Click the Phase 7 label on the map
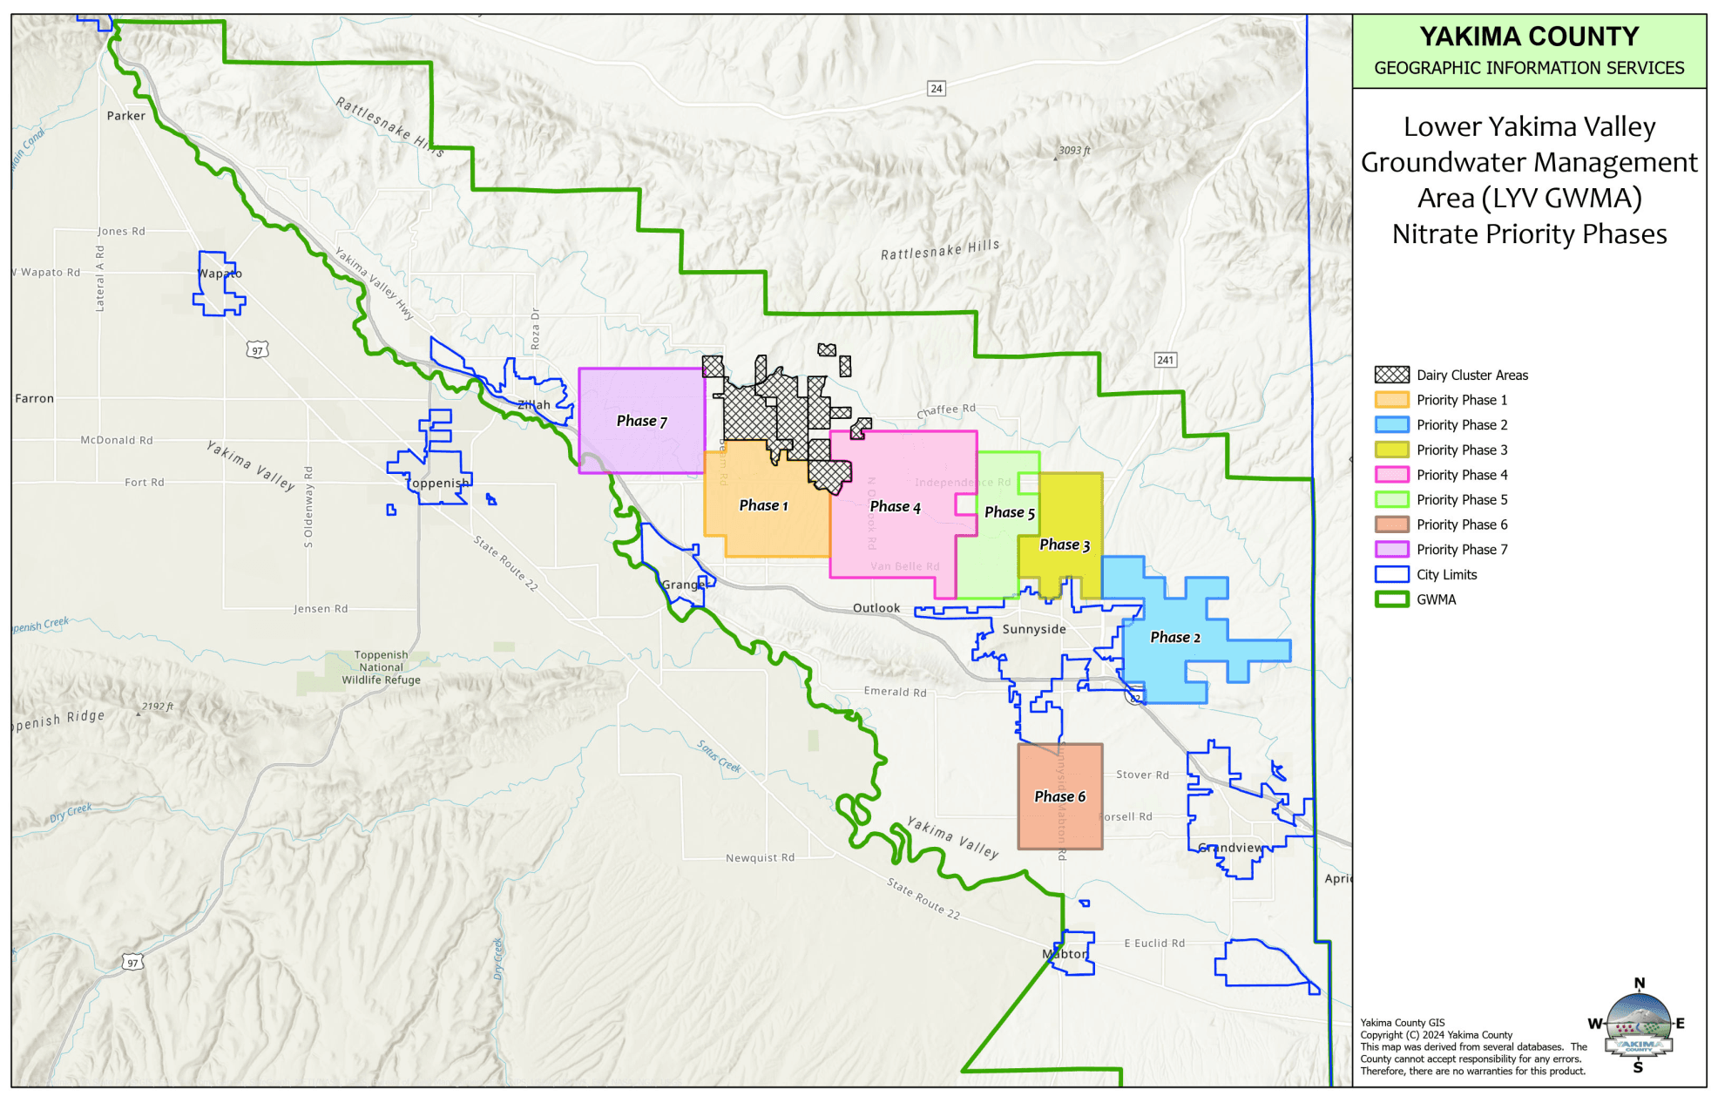click(641, 422)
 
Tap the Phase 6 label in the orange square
click(1059, 797)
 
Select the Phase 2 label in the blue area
click(1174, 638)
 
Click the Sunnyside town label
click(1034, 629)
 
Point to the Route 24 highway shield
click(936, 88)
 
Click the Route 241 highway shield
click(1165, 360)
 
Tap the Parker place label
click(125, 116)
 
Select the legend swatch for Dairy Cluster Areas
click(1391, 375)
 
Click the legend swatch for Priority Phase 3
click(1391, 450)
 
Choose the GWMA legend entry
click(1436, 599)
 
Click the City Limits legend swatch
click(1391, 574)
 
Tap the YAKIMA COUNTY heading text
click(1528, 37)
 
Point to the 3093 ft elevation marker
click(1073, 151)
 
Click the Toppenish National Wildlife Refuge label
click(381, 667)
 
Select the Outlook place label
click(876, 608)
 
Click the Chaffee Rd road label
click(946, 410)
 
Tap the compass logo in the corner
click(1638, 1025)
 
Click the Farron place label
click(34, 398)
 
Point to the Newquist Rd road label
click(760, 858)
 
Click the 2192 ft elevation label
click(158, 707)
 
